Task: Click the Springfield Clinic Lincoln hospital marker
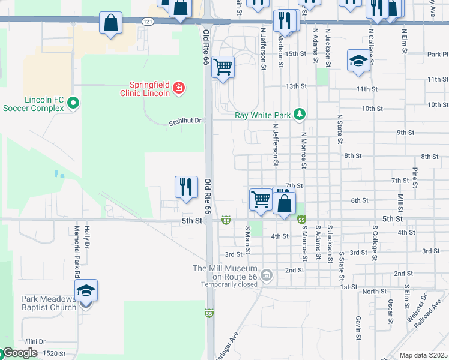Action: [x=178, y=89]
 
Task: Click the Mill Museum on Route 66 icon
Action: [x=267, y=276]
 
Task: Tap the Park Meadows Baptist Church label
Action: [x=48, y=303]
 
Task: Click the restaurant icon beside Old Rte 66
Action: [x=186, y=187]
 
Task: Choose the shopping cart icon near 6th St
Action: [x=261, y=199]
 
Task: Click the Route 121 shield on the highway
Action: [x=148, y=22]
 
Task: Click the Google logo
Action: [x=20, y=353]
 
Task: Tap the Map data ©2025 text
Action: [x=424, y=355]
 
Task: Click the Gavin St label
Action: [x=357, y=324]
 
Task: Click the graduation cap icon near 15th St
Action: [x=358, y=61]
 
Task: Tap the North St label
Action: [x=374, y=291]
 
